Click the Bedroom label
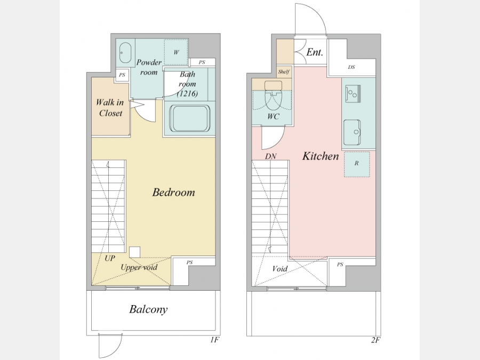point(173,192)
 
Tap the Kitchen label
point(321,156)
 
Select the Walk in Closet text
point(110,108)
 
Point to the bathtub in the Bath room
point(190,119)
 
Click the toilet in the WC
point(272,96)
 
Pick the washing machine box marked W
point(176,52)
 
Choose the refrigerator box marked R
point(357,164)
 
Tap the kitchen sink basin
point(352,132)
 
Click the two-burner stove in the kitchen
point(353,93)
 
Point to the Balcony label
point(148,309)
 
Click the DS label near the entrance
point(351,67)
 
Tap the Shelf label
point(284,72)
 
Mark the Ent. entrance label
point(315,52)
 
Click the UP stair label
point(110,258)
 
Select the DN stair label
point(270,156)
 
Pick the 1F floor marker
point(215,340)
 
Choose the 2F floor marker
point(375,340)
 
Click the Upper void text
point(139,268)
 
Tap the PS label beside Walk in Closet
point(122,75)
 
